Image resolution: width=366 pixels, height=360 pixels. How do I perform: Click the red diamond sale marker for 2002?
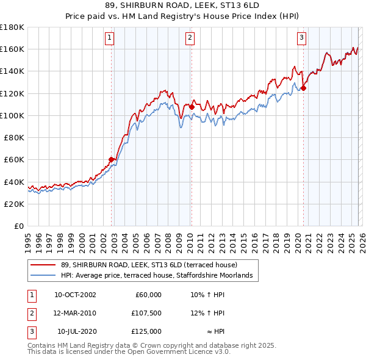click(112, 159)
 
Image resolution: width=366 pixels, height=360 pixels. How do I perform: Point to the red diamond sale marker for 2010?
click(192, 107)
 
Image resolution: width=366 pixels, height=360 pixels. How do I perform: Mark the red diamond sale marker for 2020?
click(303, 87)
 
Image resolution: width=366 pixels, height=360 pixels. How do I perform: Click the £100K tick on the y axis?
click(12, 115)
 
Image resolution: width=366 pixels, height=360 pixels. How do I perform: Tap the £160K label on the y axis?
click(12, 49)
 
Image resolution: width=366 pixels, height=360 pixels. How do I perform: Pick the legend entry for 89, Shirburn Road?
click(152, 265)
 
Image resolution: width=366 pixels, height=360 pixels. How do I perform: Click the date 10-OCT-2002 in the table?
click(75, 295)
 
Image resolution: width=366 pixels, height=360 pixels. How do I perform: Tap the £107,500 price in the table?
click(146, 313)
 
